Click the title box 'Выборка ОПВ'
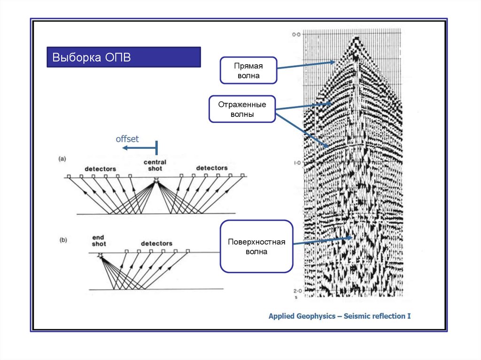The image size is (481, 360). [x=124, y=57]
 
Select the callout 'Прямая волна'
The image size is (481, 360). [x=248, y=70]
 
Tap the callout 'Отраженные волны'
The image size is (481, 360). [x=242, y=109]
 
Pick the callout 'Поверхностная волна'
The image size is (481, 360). [x=256, y=246]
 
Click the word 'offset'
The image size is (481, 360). [x=127, y=139]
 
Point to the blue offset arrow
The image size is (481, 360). [x=139, y=148]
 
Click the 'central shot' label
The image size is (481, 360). [x=155, y=166]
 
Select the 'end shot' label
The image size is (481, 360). [x=99, y=241]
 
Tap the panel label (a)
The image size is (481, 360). [x=62, y=159]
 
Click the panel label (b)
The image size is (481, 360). [x=63, y=240]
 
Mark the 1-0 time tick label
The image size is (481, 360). [x=296, y=163]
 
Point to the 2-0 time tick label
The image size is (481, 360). [x=296, y=291]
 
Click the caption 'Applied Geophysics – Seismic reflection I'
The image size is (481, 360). [x=340, y=316]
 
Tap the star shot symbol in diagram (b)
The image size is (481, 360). [x=100, y=255]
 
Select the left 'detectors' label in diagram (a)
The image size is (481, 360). [x=100, y=168]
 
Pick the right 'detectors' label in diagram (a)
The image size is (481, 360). [x=211, y=168]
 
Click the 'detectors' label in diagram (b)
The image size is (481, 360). [x=156, y=244]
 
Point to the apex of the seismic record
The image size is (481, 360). [x=355, y=39]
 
